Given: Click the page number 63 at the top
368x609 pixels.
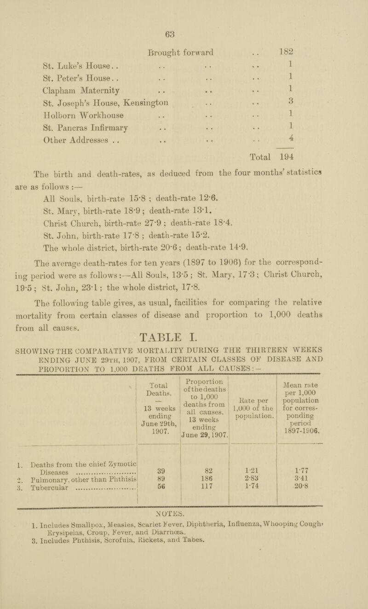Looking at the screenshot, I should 184,32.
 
